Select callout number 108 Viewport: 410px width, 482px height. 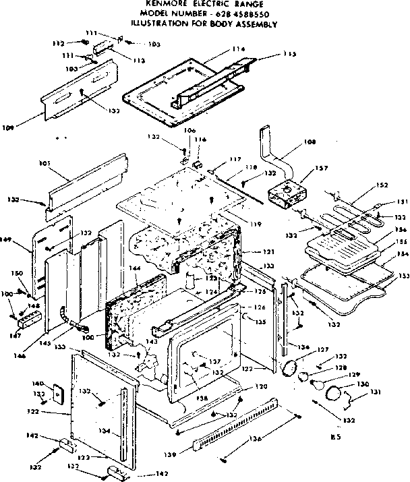pyautogui.click(x=291, y=143)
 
